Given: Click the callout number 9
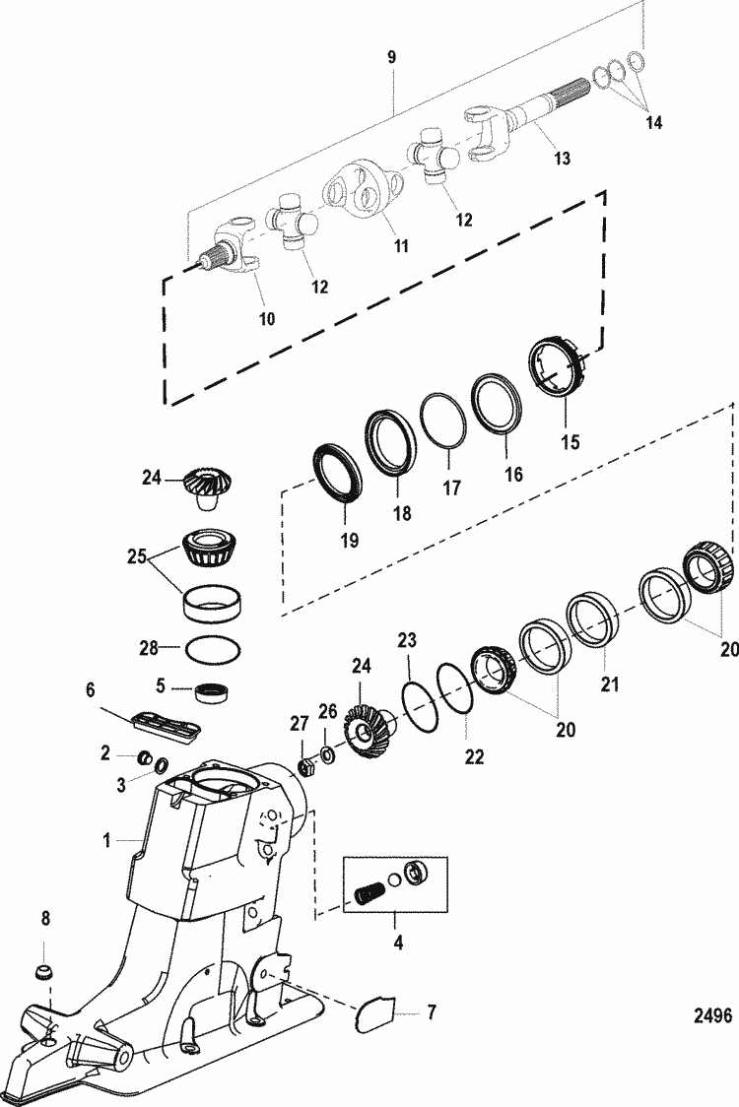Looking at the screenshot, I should point(391,58).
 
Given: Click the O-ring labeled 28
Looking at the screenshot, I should point(211,651).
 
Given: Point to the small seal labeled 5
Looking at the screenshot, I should point(211,692).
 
